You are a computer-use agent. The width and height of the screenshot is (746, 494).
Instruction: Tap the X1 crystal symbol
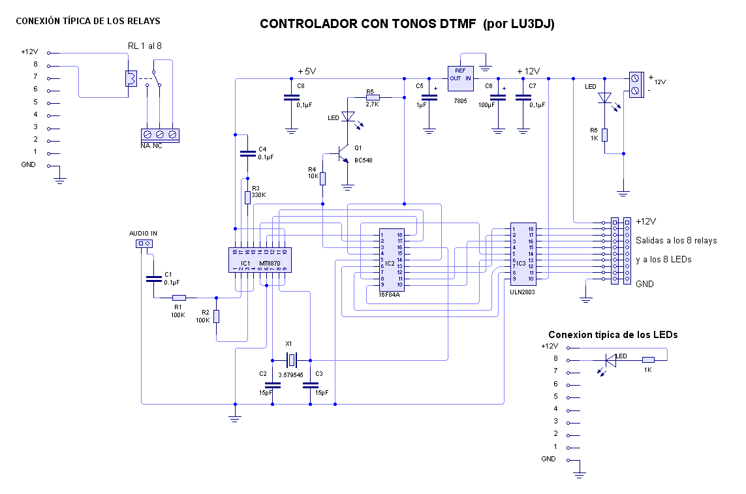291,359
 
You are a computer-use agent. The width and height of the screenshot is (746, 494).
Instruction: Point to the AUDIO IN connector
143,244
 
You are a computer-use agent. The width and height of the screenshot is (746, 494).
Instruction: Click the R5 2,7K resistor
373,97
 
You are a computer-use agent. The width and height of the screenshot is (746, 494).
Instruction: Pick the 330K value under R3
259,195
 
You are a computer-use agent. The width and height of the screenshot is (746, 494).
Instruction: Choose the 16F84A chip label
389,295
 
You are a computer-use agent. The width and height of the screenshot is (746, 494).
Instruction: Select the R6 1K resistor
605,135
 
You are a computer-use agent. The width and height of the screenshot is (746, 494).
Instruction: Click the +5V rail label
307,71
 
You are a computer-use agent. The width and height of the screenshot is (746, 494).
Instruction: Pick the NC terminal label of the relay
157,146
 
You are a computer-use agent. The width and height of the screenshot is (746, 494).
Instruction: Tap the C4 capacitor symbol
247,155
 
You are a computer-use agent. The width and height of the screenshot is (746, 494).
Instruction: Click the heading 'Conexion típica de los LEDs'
613,334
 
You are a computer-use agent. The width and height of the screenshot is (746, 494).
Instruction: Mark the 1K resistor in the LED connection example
648,360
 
